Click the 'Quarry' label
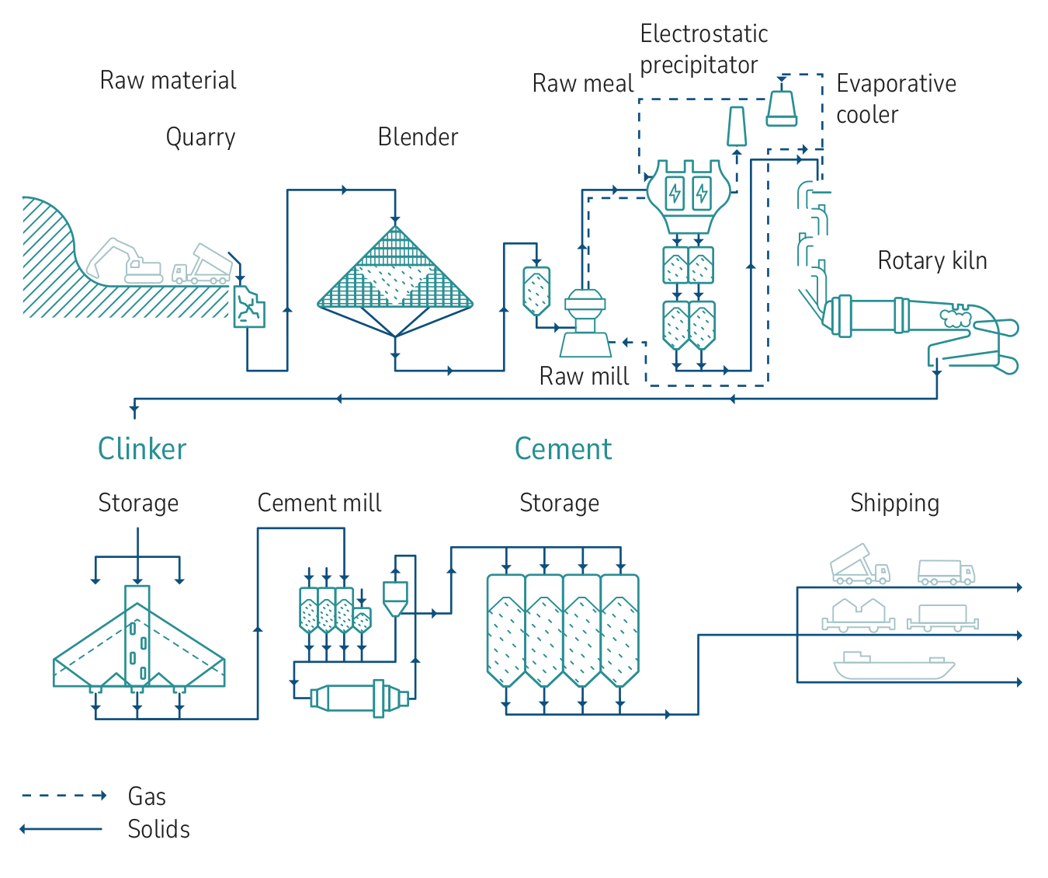[200, 138]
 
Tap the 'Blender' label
[418, 138]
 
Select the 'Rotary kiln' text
[932, 260]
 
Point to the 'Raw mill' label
[584, 376]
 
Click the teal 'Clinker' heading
[142, 449]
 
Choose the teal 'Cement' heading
[564, 449]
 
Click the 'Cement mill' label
[319, 503]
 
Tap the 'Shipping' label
[894, 503]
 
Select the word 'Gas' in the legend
[147, 796]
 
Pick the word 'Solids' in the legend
[158, 829]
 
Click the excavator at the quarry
[124, 260]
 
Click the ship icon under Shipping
[894, 666]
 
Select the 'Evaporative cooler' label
[896, 99]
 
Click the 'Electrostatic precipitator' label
[703, 49]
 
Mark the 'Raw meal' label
[582, 84]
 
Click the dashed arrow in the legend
[64, 796]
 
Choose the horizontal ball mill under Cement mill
[359, 697]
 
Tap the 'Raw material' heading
[168, 81]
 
